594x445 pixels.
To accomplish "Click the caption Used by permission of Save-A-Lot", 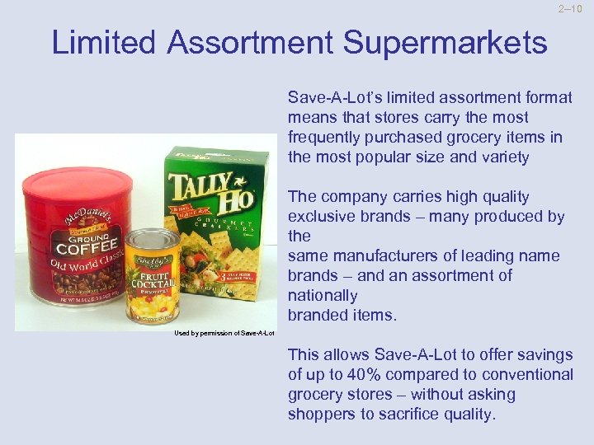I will coord(224,333).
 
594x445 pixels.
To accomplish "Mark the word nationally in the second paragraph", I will coord(323,295).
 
